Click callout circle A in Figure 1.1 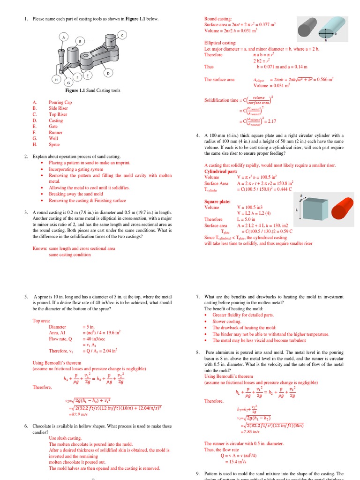click(63, 37)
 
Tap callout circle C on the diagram click(122, 35)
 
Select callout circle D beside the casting click(108, 73)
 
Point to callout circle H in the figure click(56, 80)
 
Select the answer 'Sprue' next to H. click(55, 145)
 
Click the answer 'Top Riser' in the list click(58, 114)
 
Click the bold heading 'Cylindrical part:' click(221, 172)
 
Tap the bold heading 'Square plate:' click(217, 201)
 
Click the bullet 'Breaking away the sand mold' click(76, 194)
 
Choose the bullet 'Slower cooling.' click(227, 322)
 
